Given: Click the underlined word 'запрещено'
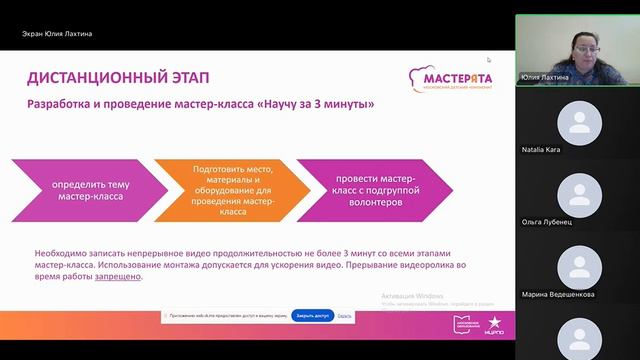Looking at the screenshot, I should pos(120,277).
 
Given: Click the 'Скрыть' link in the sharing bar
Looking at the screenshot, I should pos(345,315).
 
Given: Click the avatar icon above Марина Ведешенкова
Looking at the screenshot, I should pos(578,266).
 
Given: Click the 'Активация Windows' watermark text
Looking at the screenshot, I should pos(415,296).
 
